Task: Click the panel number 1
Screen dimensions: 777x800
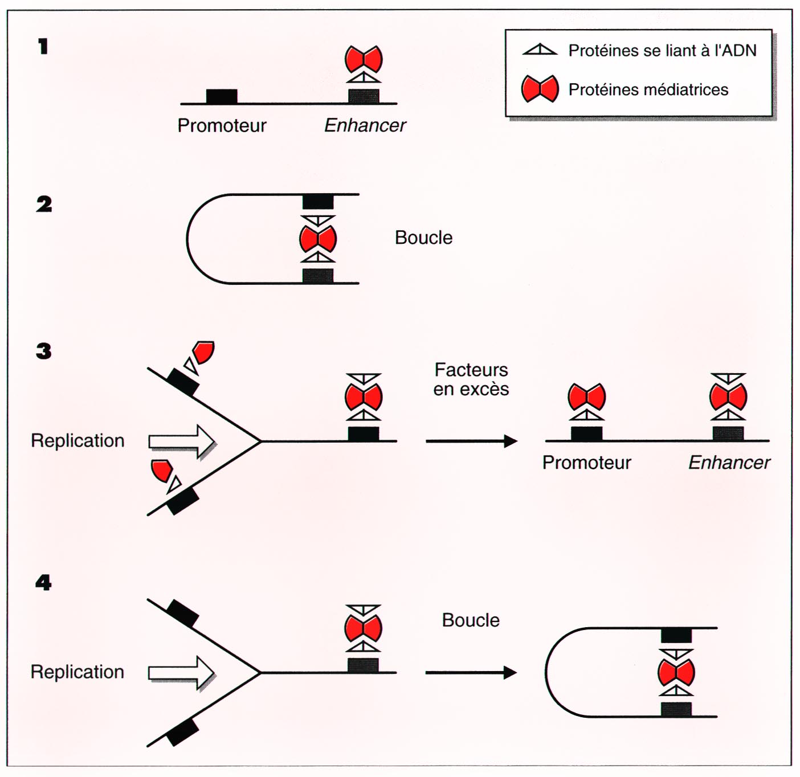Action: pos(43,47)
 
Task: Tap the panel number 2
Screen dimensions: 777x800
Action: pos(44,204)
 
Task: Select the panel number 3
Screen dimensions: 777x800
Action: pos(44,351)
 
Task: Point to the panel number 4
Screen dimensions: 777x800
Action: pos(43,582)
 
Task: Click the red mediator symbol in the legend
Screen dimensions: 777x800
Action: pos(540,89)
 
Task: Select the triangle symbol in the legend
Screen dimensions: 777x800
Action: pos(540,50)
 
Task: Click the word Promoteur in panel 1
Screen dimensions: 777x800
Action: pos(222,125)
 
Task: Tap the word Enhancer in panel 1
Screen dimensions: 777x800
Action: pos(365,125)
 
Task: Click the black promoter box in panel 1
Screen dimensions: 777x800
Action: pos(222,96)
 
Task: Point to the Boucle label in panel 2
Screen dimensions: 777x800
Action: pos(423,238)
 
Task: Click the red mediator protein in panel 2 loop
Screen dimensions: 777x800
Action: pos(318,239)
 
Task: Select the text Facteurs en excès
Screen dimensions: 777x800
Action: pos(471,379)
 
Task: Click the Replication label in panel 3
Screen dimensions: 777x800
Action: pos(77,440)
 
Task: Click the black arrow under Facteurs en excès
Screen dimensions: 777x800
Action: pos(471,441)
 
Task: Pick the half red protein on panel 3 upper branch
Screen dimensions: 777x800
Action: pos(203,351)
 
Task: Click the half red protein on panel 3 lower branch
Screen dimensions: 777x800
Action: pos(161,470)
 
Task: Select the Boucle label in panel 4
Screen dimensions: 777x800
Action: pos(471,620)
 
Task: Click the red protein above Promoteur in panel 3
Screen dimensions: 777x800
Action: pos(587,397)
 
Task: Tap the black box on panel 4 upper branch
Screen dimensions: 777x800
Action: pos(182,614)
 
